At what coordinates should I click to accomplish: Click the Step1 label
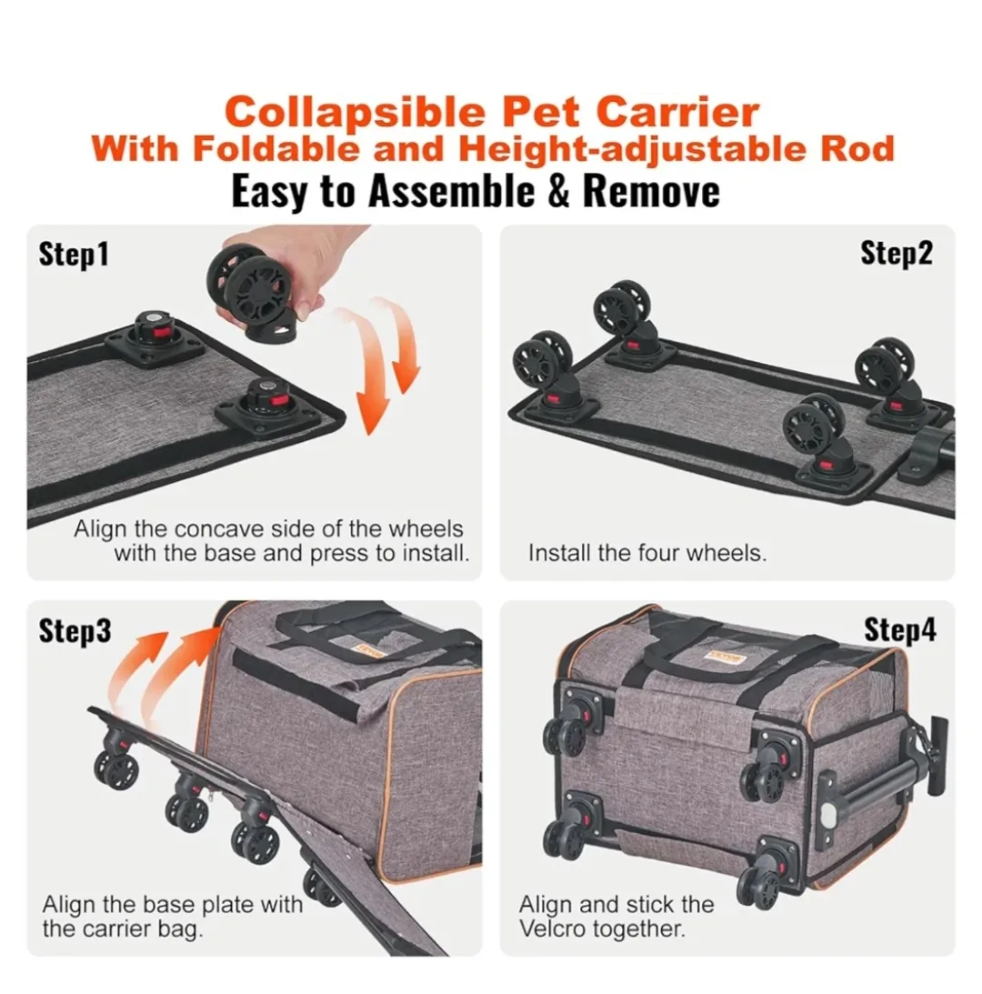[74, 255]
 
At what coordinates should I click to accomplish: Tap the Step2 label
[896, 254]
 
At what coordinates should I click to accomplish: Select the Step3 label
[75, 630]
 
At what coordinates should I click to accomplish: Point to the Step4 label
[898, 629]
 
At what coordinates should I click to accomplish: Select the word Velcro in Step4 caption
[556, 929]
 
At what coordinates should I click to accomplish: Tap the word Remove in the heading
[651, 192]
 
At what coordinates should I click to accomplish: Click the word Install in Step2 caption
[557, 553]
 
